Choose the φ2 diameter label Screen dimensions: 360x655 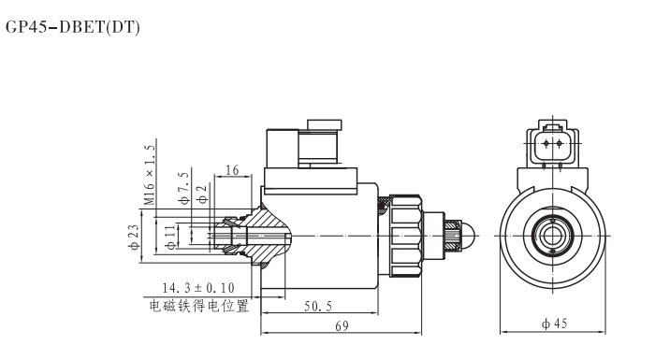coord(201,194)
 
